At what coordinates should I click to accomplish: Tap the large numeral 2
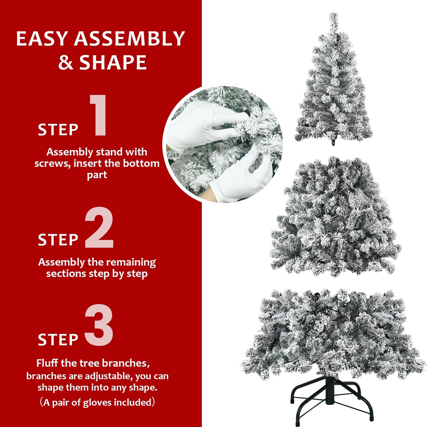point(99,228)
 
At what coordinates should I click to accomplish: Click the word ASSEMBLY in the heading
point(129,39)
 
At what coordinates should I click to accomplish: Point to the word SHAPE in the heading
point(113,62)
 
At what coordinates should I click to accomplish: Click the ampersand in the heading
point(66,62)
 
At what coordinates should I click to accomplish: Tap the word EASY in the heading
point(42,39)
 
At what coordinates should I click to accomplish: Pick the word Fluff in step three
point(48,363)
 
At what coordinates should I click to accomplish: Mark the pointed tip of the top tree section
point(334,15)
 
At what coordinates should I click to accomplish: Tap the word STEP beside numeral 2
point(58,240)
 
